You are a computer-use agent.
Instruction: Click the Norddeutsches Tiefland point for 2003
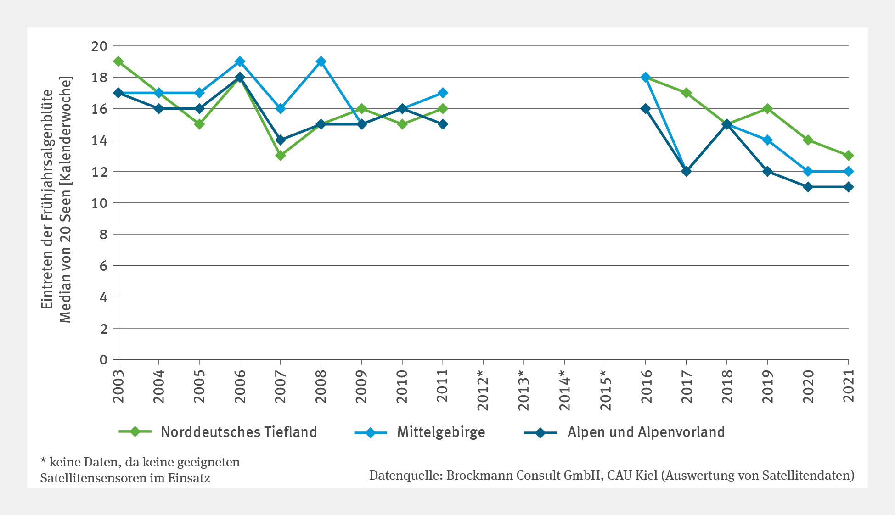118,62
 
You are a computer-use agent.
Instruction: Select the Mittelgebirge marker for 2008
321,62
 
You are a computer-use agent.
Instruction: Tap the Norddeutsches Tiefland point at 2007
281,156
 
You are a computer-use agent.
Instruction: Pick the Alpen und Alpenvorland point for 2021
848,187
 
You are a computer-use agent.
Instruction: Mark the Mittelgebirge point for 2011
443,93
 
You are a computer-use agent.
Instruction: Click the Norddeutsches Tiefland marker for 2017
687,93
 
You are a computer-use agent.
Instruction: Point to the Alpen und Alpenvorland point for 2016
646,109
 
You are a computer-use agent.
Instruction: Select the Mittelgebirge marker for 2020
808,171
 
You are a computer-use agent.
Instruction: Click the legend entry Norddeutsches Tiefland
239,432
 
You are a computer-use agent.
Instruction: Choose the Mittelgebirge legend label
441,432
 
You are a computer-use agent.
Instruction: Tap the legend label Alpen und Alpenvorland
646,432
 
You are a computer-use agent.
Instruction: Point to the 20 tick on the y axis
99,46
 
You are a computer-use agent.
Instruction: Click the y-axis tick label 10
99,203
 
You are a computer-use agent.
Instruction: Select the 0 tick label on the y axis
103,360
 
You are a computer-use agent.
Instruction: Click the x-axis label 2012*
483,390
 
